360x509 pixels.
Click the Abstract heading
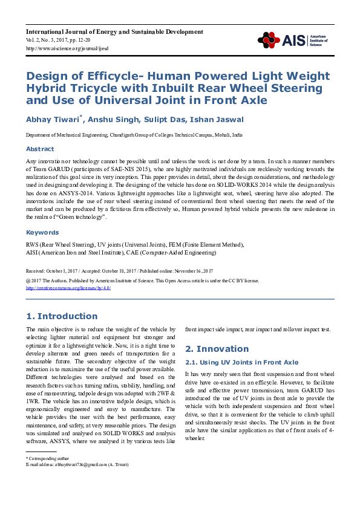click(40, 149)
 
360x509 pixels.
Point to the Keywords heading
click(42, 232)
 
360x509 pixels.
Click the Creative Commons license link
click(68, 288)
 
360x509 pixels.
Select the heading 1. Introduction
click(62, 316)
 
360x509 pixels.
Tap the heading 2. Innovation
click(208, 349)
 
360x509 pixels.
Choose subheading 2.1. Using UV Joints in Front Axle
click(241, 362)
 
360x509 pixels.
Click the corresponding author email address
click(79, 464)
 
